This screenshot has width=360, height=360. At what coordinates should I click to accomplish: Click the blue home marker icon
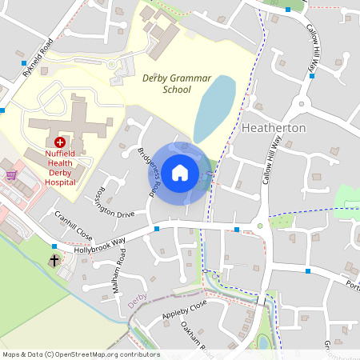pyautogui.click(x=180, y=173)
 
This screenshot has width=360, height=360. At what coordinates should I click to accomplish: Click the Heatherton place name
pyautogui.click(x=274, y=128)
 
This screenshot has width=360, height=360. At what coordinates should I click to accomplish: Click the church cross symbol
pyautogui.click(x=54, y=260)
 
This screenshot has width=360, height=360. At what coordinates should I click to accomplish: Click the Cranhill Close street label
pyautogui.click(x=74, y=226)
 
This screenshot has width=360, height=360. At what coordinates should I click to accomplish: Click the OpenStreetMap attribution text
pyautogui.click(x=80, y=354)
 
